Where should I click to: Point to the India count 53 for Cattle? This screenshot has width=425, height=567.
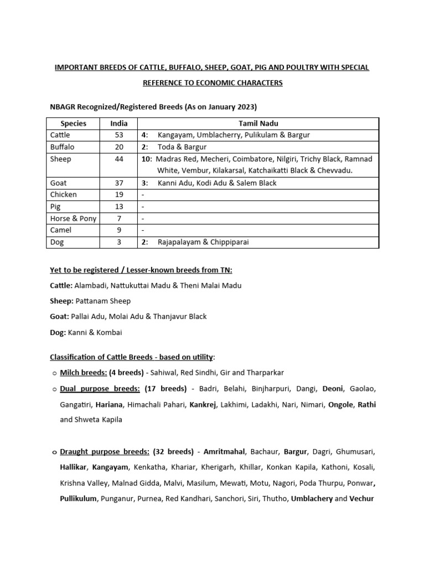pyautogui.click(x=118, y=135)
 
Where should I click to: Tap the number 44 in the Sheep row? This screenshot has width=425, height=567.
pyautogui.click(x=118, y=159)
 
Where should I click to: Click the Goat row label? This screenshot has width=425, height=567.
pyautogui.click(x=59, y=183)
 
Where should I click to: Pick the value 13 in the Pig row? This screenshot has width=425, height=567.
pyautogui.click(x=118, y=207)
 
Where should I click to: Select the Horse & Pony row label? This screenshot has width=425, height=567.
pyautogui.click(x=73, y=219)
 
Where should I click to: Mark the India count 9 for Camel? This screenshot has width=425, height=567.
pyautogui.click(x=118, y=230)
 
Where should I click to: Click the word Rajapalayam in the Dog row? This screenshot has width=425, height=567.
pyautogui.click(x=180, y=242)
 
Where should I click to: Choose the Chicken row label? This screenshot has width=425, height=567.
pyautogui.click(x=64, y=195)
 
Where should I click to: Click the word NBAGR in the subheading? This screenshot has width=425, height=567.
pyautogui.click(x=64, y=106)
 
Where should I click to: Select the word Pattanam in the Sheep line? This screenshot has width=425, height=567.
pyautogui.click(x=91, y=301)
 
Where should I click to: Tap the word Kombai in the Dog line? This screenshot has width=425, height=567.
pyautogui.click(x=110, y=332)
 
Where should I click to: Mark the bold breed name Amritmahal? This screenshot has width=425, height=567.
pyautogui.click(x=225, y=452)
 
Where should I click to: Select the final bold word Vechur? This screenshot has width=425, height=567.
pyautogui.click(x=362, y=498)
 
